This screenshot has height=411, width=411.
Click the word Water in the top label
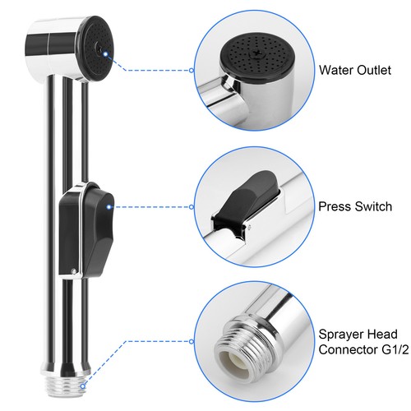click(335, 70)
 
